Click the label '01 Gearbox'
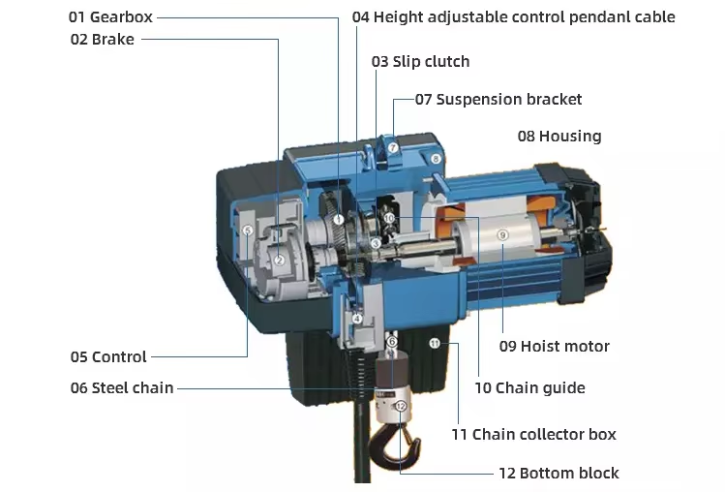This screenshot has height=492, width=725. [110, 17]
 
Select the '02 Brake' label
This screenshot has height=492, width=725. [102, 40]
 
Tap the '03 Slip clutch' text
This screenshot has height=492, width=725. [420, 61]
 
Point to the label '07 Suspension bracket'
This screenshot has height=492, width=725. [498, 99]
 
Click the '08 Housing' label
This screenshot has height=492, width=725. [559, 136]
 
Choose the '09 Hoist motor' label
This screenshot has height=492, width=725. [554, 346]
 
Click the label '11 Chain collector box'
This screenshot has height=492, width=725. [533, 434]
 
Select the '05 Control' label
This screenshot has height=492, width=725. [108, 356]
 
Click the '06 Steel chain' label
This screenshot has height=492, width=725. [122, 387]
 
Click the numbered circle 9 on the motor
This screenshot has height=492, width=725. [502, 234]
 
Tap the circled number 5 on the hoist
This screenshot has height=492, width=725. [248, 231]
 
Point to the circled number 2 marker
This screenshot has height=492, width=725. [279, 259]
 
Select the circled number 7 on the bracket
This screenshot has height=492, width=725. [393, 147]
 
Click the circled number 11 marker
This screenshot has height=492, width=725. [435, 343]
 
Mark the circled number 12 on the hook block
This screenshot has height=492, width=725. [400, 407]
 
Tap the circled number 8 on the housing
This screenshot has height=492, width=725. [436, 158]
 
